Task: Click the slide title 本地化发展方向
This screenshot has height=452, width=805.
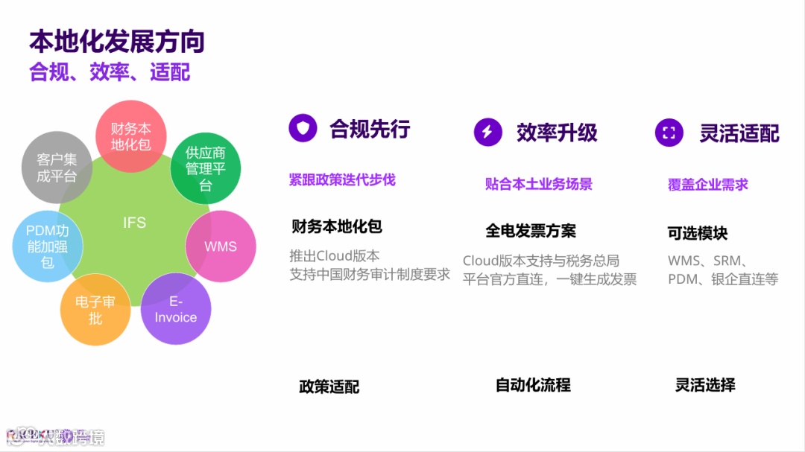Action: pos(116,42)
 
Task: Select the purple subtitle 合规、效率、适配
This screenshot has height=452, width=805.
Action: pos(110,71)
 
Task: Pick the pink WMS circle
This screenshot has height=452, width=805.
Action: pos(221,246)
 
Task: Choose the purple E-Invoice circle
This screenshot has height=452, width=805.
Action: pos(176,309)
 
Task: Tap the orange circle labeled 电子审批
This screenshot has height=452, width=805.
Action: pos(95,310)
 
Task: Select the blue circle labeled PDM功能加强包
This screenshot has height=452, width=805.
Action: pos(48,246)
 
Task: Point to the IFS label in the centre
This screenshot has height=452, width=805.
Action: pos(134,223)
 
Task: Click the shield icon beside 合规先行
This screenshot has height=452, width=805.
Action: pos(303,129)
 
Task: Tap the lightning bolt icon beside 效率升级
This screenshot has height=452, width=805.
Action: pos(487,132)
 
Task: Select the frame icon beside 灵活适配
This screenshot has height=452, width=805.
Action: pos(669,133)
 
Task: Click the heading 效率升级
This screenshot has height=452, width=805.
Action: pos(557,133)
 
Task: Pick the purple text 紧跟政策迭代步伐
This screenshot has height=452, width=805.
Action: pos(342,179)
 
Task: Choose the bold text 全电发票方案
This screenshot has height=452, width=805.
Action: pos(531,231)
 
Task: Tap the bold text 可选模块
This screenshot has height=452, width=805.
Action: pos(697,233)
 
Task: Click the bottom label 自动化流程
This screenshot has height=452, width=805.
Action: pos(533,385)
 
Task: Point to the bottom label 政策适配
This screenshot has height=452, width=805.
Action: pos(329,386)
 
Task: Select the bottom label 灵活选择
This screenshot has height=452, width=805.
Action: pos(705,385)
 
